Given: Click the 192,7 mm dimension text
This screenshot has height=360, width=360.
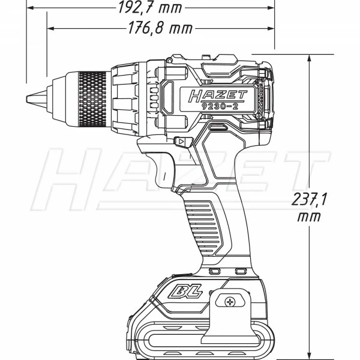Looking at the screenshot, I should (149, 8).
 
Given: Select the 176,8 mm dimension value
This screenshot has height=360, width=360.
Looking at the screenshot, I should (160, 28).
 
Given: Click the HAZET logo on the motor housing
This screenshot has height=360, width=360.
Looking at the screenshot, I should (217, 95).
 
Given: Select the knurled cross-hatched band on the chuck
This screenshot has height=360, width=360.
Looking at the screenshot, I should (92, 99).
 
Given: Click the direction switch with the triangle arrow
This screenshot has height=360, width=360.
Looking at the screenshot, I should (182, 142).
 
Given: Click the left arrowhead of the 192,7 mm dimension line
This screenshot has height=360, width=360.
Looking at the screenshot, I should (29, 8).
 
